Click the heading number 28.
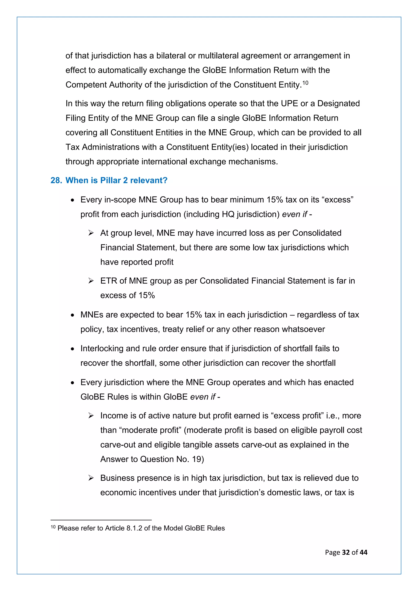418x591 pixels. pyautogui.click(x=56, y=180)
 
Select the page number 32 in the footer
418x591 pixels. pyautogui.click(x=346, y=552)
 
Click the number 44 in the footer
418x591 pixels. pyautogui.click(x=364, y=552)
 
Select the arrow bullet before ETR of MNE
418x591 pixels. pyautogui.click(x=91, y=281)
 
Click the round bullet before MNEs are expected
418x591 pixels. pyautogui.click(x=73, y=315)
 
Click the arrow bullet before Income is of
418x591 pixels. pyautogui.click(x=91, y=416)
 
